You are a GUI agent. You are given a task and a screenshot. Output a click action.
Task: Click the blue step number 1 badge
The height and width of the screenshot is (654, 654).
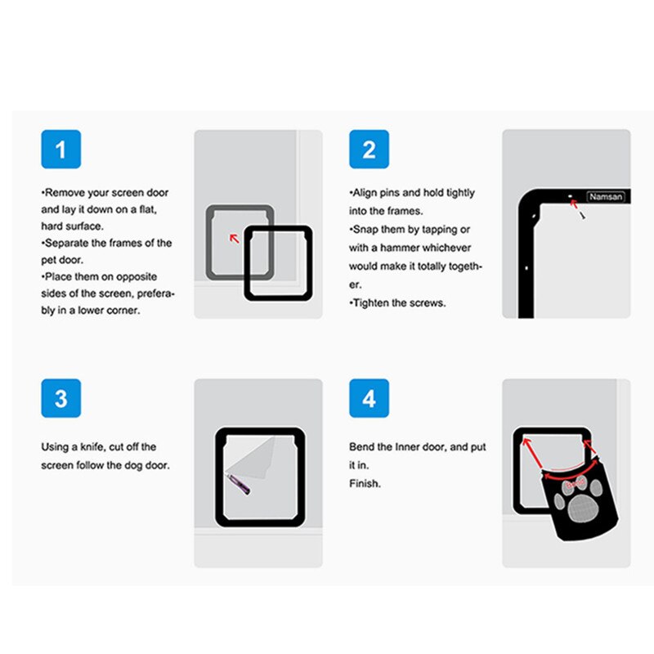(61, 150)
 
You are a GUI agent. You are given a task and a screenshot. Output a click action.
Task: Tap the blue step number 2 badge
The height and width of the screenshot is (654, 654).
(369, 150)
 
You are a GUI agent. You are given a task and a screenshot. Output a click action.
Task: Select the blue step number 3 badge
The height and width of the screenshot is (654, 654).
(61, 399)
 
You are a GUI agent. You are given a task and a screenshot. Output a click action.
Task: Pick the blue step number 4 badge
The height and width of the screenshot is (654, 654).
(369, 399)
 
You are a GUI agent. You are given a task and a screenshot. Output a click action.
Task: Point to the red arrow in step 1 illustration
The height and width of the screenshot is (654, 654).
(234, 238)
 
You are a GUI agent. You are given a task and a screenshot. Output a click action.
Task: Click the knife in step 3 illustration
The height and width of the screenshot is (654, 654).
(240, 485)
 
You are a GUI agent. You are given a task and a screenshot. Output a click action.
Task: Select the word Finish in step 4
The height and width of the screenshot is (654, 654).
(365, 483)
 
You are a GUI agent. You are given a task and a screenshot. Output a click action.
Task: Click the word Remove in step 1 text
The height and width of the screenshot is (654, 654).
(65, 193)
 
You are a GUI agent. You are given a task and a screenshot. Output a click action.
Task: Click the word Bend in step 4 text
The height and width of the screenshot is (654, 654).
(361, 447)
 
